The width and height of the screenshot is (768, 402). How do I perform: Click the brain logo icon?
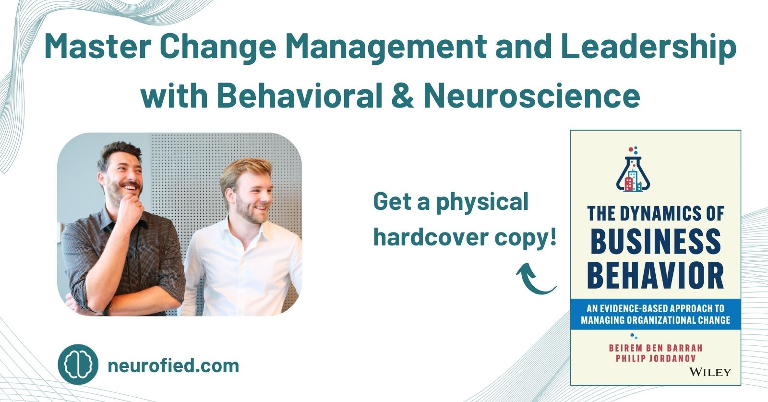coord(78,365)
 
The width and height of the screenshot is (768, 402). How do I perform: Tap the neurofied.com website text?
coord(173,365)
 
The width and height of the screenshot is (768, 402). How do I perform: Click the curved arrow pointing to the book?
coord(536,279)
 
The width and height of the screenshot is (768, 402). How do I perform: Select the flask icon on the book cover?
coord(633,169)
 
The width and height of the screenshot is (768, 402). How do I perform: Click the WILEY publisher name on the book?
coord(710,372)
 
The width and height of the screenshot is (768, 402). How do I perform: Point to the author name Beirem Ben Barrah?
coord(656,348)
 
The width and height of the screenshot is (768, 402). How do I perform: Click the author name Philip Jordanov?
coord(656,358)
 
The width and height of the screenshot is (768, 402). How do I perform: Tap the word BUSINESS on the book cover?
coord(656,242)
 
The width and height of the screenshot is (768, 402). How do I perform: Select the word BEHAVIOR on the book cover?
coord(656,275)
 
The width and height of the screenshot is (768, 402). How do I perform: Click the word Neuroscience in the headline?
coord(532,96)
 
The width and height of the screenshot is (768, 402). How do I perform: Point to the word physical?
coord(482,202)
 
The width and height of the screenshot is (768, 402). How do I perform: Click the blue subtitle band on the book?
coord(656,314)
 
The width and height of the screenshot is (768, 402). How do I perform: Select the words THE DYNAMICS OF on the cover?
coord(656,213)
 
